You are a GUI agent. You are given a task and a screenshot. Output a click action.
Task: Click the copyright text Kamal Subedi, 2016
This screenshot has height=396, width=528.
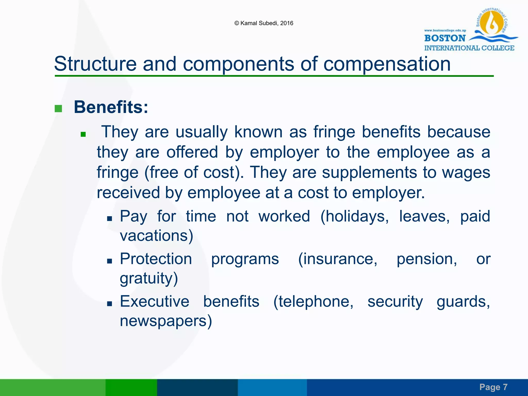pyautogui.click(x=264, y=23)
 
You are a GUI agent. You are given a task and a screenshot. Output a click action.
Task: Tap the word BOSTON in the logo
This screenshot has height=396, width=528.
pyautogui.click(x=445, y=38)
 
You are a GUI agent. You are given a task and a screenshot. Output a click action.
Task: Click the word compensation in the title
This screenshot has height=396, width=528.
pyautogui.click(x=387, y=64)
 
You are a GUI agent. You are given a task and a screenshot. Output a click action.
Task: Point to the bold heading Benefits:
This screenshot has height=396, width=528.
pyautogui.click(x=111, y=107)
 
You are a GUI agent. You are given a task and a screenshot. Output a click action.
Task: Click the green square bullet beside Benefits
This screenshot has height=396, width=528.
pyautogui.click(x=58, y=109)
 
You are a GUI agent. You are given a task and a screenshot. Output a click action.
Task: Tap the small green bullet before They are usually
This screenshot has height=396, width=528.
pyautogui.click(x=83, y=134)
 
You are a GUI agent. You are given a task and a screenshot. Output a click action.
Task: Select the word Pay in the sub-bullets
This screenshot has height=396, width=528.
pyautogui.click(x=134, y=217)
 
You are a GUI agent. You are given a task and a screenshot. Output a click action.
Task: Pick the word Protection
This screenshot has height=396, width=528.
pyautogui.click(x=156, y=259)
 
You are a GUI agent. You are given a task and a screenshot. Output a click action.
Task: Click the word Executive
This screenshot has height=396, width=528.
pyautogui.click(x=154, y=301)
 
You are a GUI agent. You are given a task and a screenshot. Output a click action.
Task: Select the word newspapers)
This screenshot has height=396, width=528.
pyautogui.click(x=166, y=321)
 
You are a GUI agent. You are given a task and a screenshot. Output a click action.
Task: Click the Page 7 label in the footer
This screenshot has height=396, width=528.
pyautogui.click(x=493, y=387)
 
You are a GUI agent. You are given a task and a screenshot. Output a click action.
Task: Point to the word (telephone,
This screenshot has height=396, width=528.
pyautogui.click(x=313, y=301)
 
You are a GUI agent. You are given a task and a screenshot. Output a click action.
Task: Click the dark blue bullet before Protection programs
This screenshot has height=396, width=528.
pyautogui.click(x=110, y=261)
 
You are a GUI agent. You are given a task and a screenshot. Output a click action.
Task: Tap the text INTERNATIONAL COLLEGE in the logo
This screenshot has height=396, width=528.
pyautogui.click(x=469, y=48)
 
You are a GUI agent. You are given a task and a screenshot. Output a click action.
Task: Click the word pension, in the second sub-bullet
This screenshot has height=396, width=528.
pyautogui.click(x=427, y=259)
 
